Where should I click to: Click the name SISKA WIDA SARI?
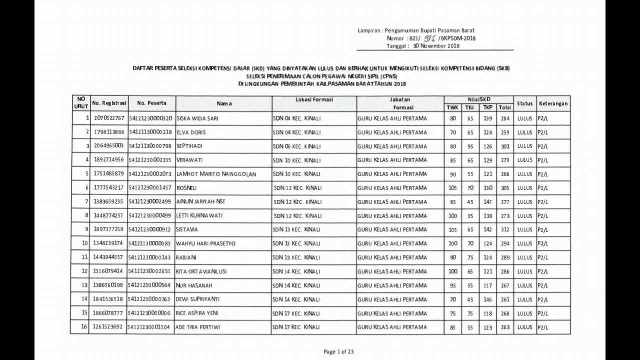[x=198, y=119]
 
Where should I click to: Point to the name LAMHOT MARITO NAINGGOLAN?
[x=216, y=173]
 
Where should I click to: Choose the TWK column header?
[x=452, y=107]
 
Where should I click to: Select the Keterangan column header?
[x=553, y=103]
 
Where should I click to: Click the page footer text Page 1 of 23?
[x=338, y=351]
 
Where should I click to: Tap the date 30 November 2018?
[x=436, y=46]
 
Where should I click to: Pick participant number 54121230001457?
[x=150, y=187]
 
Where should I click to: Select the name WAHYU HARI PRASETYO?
[x=205, y=243]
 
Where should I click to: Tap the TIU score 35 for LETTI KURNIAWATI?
[x=469, y=215]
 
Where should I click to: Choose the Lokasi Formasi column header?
[x=314, y=100]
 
